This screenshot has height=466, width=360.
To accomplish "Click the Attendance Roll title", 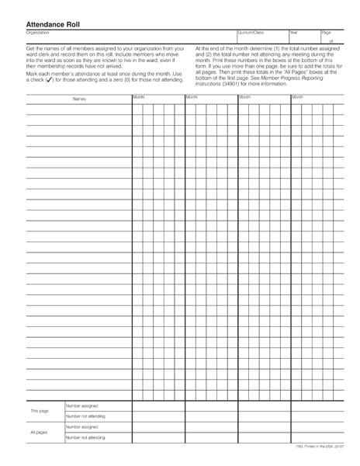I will [x=53, y=24].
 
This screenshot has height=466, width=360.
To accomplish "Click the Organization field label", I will [x=38, y=33].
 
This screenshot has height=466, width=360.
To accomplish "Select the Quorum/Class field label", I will [x=251, y=33].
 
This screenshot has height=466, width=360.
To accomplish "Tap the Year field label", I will [x=293, y=33].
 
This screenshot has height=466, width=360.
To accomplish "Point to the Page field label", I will [x=326, y=33].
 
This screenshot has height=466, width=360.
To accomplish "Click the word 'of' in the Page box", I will [x=331, y=41].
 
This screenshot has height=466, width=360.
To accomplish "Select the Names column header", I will [x=79, y=99].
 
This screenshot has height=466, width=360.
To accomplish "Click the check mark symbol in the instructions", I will [x=50, y=79].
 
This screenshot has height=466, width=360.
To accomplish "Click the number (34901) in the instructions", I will [x=230, y=84].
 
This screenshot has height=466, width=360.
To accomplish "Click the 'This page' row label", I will [x=39, y=410].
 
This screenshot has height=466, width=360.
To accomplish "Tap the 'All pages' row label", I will [x=39, y=432].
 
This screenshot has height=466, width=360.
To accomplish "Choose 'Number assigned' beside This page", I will [x=82, y=405].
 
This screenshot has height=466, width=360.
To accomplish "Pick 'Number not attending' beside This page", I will [x=86, y=416].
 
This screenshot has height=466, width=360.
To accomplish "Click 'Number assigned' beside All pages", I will [x=82, y=427].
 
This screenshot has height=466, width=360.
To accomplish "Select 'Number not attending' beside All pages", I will [x=86, y=438].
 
